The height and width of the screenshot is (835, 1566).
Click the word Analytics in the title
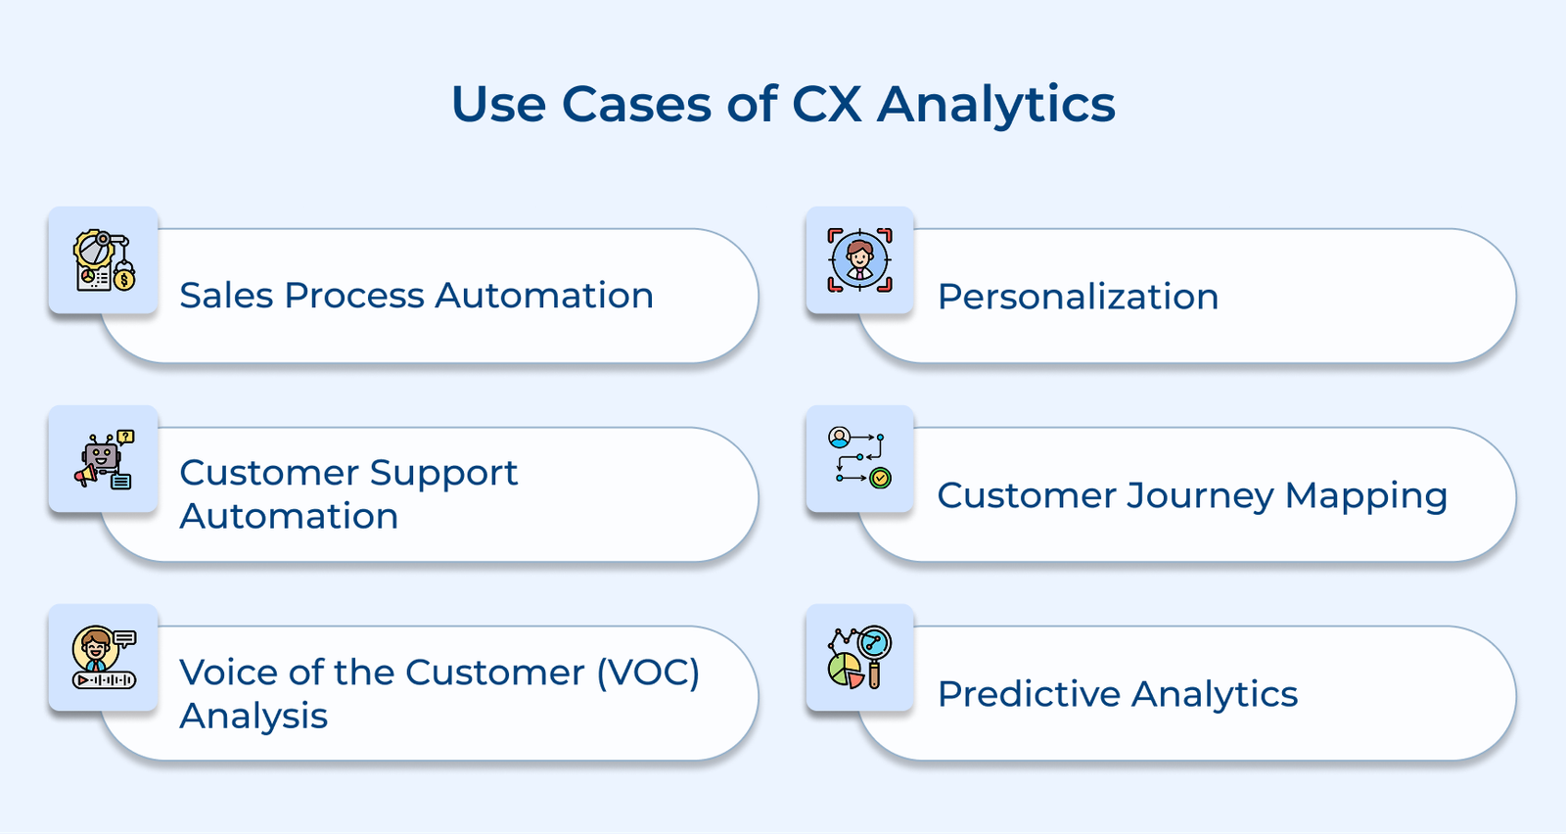[995, 105]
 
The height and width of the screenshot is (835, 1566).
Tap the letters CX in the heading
[827, 105]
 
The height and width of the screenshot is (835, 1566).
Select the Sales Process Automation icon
[103, 260]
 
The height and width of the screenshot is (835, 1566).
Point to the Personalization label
[1078, 297]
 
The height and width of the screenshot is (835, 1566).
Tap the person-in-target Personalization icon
[859, 260]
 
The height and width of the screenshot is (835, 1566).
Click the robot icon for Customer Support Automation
[103, 459]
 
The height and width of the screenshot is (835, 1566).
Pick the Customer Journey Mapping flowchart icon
[859, 457]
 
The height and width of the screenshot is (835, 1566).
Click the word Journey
[1200, 496]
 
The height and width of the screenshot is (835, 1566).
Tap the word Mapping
[1365, 496]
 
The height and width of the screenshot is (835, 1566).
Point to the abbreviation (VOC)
[648, 673]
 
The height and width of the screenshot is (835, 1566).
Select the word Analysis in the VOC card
[253, 717]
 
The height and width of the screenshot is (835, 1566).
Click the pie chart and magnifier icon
[859, 658]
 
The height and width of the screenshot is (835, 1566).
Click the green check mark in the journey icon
[880, 478]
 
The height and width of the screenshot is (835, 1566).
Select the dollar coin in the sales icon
[124, 281]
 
